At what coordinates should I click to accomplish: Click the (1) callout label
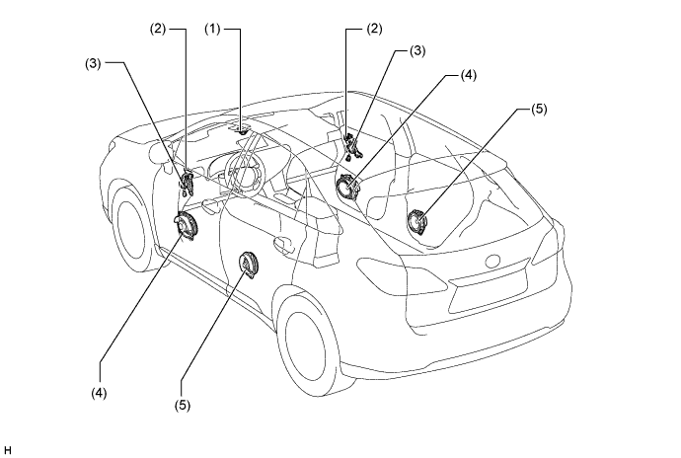click(212, 29)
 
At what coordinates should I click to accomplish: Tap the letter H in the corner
click(7, 450)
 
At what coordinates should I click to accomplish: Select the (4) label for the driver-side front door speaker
click(99, 393)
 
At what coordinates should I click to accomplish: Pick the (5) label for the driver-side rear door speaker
click(183, 405)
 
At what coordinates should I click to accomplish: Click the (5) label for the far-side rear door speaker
click(539, 109)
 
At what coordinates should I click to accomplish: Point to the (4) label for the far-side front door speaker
click(468, 75)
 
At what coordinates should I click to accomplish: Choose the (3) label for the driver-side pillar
click(93, 63)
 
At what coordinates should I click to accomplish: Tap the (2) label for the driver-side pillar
click(158, 29)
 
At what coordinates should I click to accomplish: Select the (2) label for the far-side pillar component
click(374, 29)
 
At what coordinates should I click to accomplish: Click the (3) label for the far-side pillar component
click(417, 51)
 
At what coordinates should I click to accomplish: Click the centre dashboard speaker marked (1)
click(243, 129)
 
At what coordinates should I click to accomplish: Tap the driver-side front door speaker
click(186, 225)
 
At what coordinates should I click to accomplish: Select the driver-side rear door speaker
click(248, 266)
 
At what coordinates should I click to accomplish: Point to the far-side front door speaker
click(347, 188)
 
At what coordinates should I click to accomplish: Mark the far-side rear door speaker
click(417, 222)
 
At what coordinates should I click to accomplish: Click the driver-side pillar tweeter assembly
click(188, 183)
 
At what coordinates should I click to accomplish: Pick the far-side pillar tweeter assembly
click(351, 146)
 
